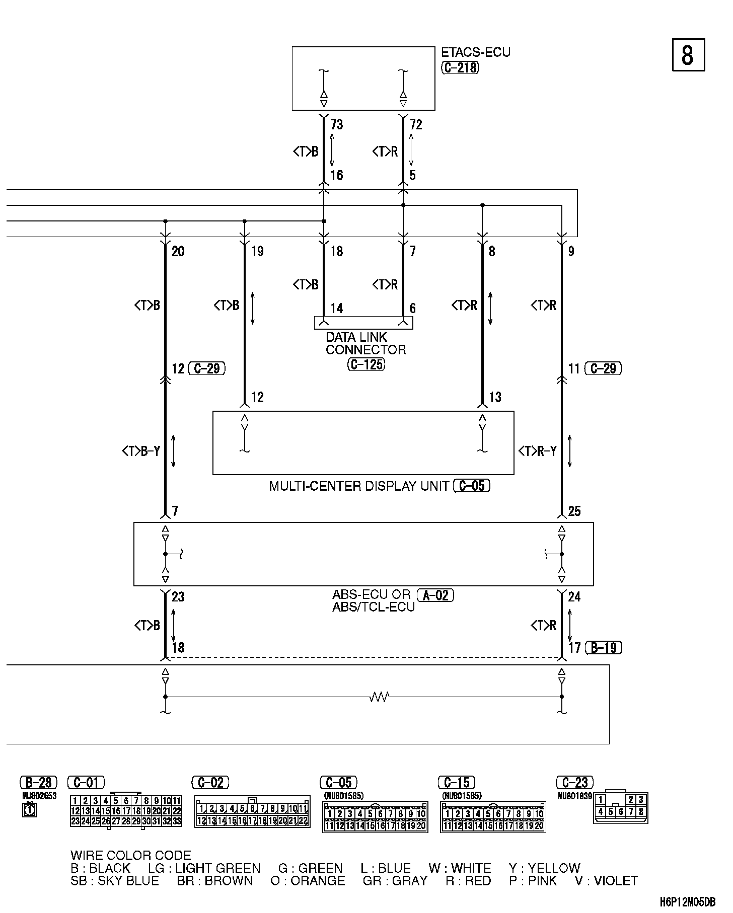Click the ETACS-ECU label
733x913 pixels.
coord(475,53)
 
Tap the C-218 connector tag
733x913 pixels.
coord(460,67)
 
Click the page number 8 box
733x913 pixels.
coord(688,55)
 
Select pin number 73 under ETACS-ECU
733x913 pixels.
coord(337,124)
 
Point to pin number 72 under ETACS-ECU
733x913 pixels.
coord(416,124)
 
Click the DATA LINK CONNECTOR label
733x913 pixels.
coord(365,343)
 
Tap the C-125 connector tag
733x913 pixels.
coord(366,364)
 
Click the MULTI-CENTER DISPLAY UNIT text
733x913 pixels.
coord(359,486)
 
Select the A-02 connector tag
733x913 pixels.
coord(435,595)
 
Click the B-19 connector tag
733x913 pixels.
coord(604,648)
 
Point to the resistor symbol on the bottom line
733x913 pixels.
coord(379,697)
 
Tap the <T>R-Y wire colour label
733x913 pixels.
coord(538,451)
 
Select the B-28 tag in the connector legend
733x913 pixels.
coord(38,783)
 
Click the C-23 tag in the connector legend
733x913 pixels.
coord(574,783)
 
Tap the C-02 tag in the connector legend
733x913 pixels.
coord(210,783)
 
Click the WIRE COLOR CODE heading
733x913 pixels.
coord(131,856)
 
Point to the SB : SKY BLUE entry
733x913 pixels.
coord(115,881)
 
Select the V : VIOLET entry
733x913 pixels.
coord(606,881)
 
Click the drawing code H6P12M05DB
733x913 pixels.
coord(688,902)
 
